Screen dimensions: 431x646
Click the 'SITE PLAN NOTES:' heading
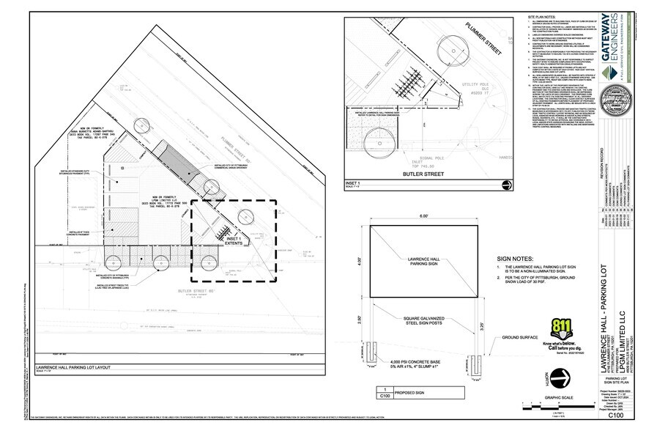tap(543, 16)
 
